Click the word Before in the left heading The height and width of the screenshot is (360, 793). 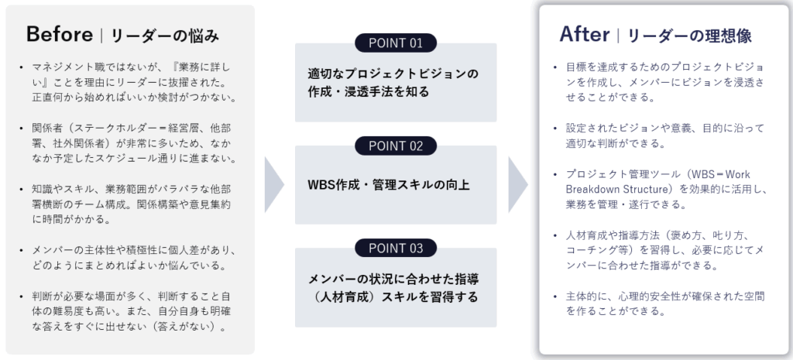[x=60, y=34]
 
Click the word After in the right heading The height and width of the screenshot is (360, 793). [x=585, y=34]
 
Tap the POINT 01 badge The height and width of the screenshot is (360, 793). [x=396, y=43]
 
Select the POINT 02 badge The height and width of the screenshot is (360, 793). [x=396, y=146]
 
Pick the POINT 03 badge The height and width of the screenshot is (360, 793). [x=396, y=249]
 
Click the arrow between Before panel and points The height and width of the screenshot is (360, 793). [x=274, y=184]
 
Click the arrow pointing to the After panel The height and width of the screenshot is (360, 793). [x=518, y=184]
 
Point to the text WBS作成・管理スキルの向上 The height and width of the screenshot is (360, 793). [x=389, y=185]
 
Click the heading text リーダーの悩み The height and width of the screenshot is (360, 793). [x=165, y=36]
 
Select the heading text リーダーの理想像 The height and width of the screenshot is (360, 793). [x=690, y=36]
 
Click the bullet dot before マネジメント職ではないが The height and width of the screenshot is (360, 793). [x=21, y=67]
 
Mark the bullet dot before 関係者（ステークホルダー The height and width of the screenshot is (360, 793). [x=21, y=129]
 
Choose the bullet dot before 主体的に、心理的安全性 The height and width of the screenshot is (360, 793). [x=554, y=297]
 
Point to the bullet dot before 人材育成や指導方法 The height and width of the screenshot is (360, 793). [x=554, y=235]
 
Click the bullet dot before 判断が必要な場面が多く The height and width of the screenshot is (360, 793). [x=21, y=297]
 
